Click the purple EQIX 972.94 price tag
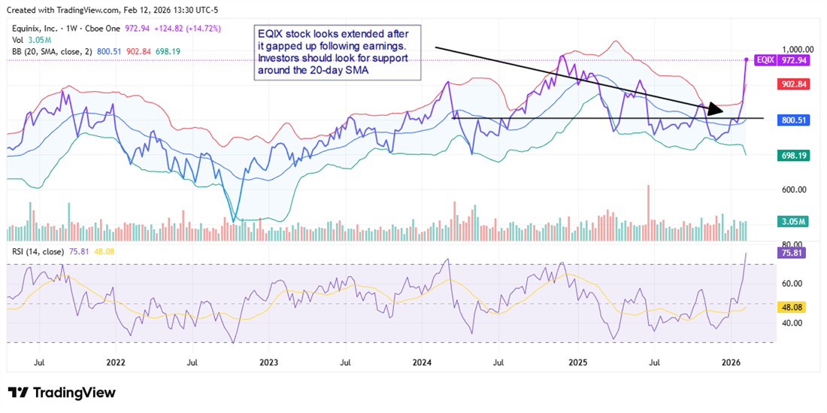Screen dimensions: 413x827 (786, 59)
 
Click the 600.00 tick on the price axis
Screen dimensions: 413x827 (798, 190)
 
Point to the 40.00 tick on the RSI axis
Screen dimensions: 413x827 (795, 323)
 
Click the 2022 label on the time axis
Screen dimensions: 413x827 (115, 362)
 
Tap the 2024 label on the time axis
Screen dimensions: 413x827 (423, 362)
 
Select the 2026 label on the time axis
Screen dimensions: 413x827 (732, 362)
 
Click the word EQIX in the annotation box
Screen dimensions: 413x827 (272, 34)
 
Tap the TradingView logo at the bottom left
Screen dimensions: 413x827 (62, 393)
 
